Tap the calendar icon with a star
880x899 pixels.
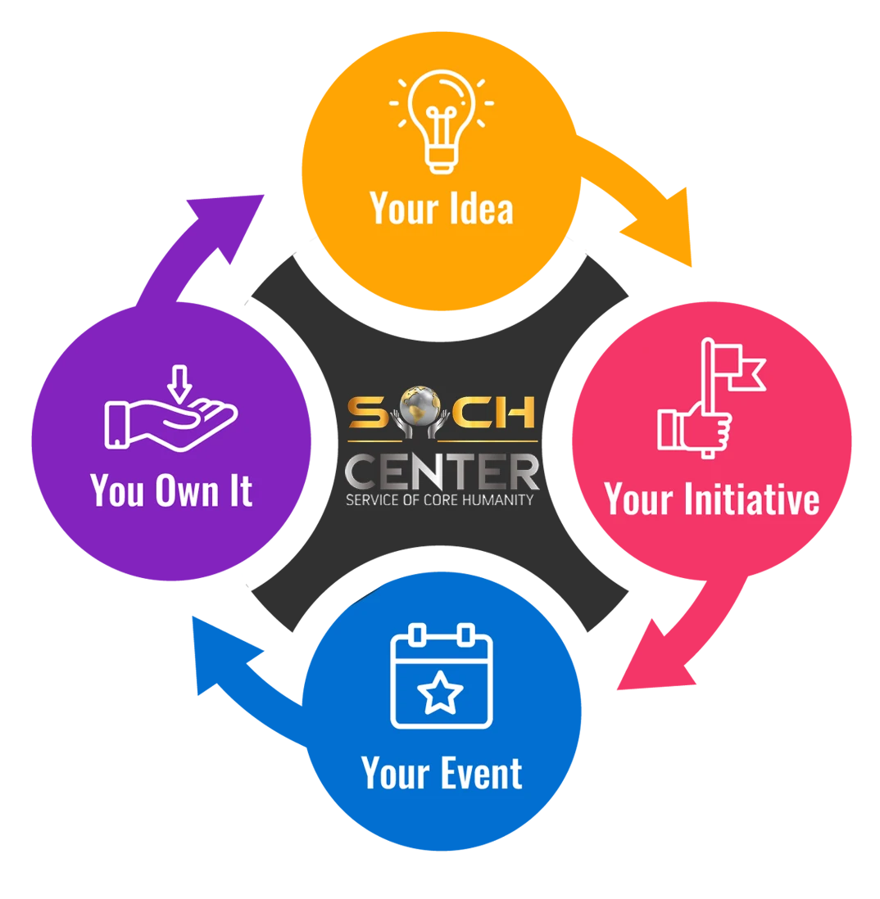(x=442, y=676)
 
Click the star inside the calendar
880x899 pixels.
(x=441, y=692)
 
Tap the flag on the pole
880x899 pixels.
(x=742, y=364)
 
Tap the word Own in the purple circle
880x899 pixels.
(x=190, y=491)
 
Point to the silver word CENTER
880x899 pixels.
(x=442, y=472)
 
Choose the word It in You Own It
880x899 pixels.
(x=240, y=491)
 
